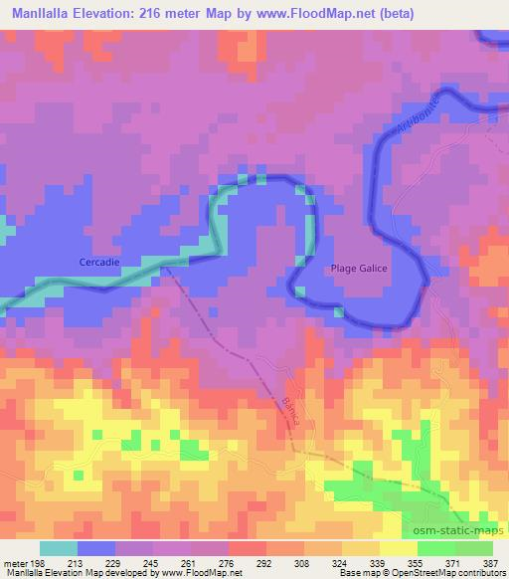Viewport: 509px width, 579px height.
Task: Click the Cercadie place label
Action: tap(99, 262)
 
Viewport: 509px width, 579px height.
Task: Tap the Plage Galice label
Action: tap(359, 268)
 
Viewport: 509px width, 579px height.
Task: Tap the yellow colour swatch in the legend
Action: tap(397, 547)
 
